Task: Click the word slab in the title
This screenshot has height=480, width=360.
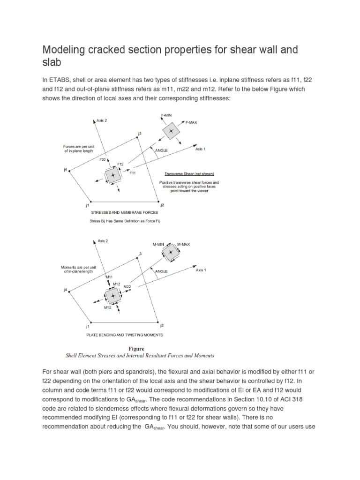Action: tap(52, 63)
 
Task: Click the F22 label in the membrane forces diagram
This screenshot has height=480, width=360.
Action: tap(103, 160)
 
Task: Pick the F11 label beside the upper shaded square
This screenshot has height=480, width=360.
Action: tap(133, 172)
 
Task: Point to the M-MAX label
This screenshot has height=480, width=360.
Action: tap(184, 244)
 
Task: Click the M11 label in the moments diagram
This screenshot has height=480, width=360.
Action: tap(110, 277)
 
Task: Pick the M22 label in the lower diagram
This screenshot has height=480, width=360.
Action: tap(127, 286)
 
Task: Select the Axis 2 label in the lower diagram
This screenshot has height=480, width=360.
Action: tap(103, 241)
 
